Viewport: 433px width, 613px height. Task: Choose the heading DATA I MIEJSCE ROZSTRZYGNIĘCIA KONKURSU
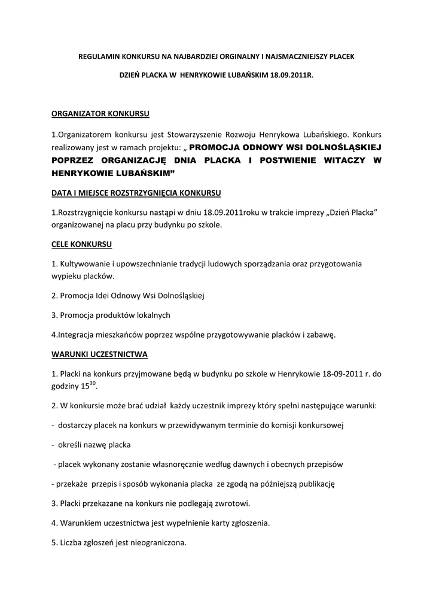(137, 193)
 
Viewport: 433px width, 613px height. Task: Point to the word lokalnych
(152, 315)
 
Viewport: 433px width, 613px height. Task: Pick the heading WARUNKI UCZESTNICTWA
(99, 354)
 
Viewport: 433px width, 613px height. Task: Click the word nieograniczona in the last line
(157, 543)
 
